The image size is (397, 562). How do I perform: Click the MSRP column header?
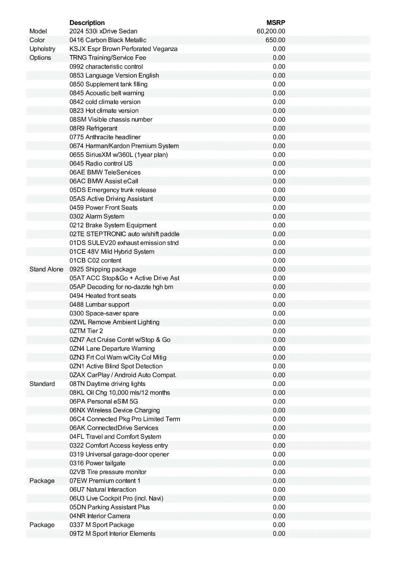[x=276, y=23]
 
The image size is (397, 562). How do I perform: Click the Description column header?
[x=87, y=23]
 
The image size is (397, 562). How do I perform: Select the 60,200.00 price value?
[x=271, y=31]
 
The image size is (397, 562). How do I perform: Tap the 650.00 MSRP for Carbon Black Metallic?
[x=275, y=40]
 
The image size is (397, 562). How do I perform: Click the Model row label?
[x=38, y=31]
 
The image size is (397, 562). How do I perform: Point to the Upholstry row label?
[x=42, y=49]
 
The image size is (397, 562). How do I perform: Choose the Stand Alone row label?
[x=46, y=269]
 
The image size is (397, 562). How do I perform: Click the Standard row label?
[x=42, y=384]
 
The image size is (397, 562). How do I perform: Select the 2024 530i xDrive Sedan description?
[x=103, y=31]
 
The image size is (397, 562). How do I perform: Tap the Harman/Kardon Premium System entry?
[x=124, y=146]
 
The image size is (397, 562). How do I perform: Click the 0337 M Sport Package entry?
[x=102, y=525]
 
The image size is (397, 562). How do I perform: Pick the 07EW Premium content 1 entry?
[x=105, y=481]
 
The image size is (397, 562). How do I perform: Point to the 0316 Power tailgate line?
[x=97, y=463]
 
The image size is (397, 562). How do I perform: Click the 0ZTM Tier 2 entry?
[x=86, y=331]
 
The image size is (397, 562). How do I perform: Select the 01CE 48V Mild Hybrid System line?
[x=112, y=252]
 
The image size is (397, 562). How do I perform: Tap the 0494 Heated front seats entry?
[x=103, y=296]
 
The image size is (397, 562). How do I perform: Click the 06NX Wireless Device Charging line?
[x=115, y=410]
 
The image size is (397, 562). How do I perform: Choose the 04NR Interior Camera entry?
[x=100, y=516]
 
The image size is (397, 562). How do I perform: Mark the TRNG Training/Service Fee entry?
[x=108, y=58]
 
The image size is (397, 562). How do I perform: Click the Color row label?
[x=37, y=40]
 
